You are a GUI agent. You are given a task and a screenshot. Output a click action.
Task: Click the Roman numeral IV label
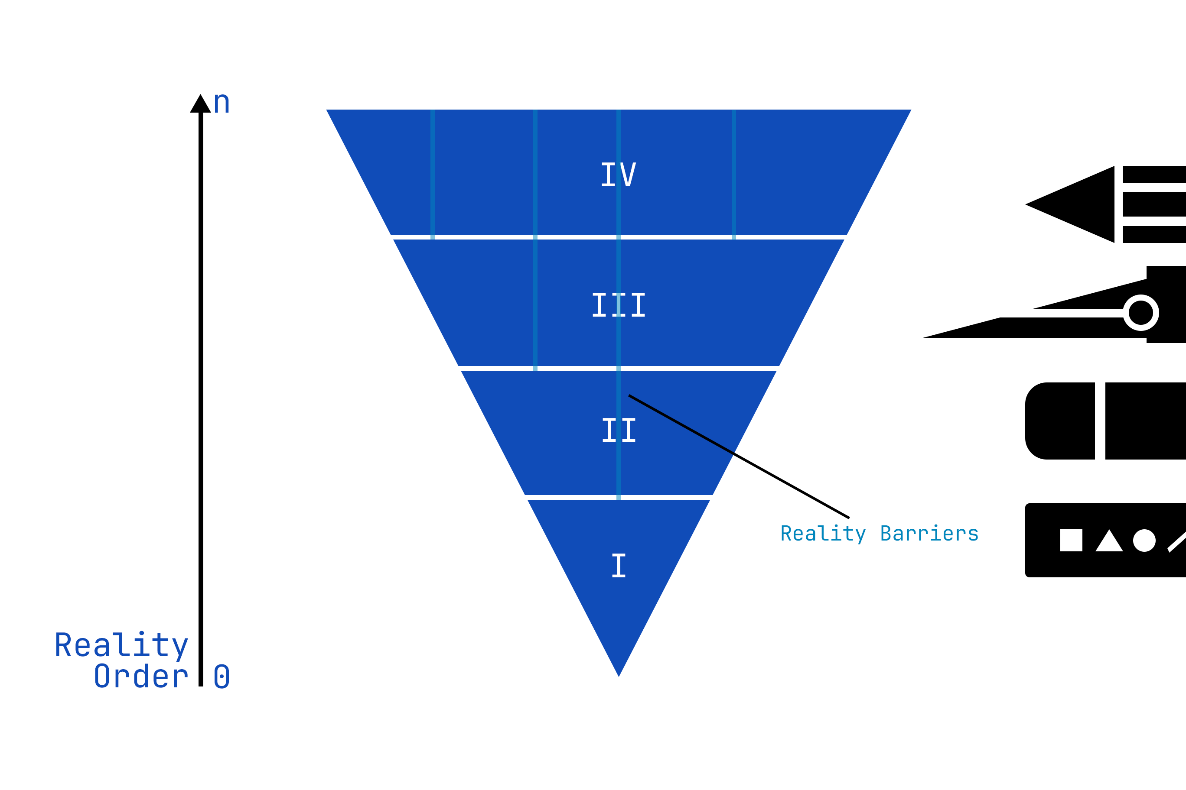click(x=619, y=174)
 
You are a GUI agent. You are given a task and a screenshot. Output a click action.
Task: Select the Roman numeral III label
click(x=619, y=305)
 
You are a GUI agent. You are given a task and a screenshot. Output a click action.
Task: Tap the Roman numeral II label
click(x=619, y=430)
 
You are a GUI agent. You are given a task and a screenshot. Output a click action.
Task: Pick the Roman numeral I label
click(x=619, y=565)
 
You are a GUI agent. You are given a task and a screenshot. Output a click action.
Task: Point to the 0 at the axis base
click(x=222, y=676)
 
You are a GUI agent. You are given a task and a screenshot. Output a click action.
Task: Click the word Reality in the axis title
click(x=121, y=645)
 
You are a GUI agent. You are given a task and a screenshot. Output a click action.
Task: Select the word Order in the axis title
click(x=141, y=676)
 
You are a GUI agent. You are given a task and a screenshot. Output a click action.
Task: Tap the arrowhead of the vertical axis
click(x=200, y=104)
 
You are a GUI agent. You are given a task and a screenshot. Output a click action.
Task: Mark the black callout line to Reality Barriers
click(x=739, y=457)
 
